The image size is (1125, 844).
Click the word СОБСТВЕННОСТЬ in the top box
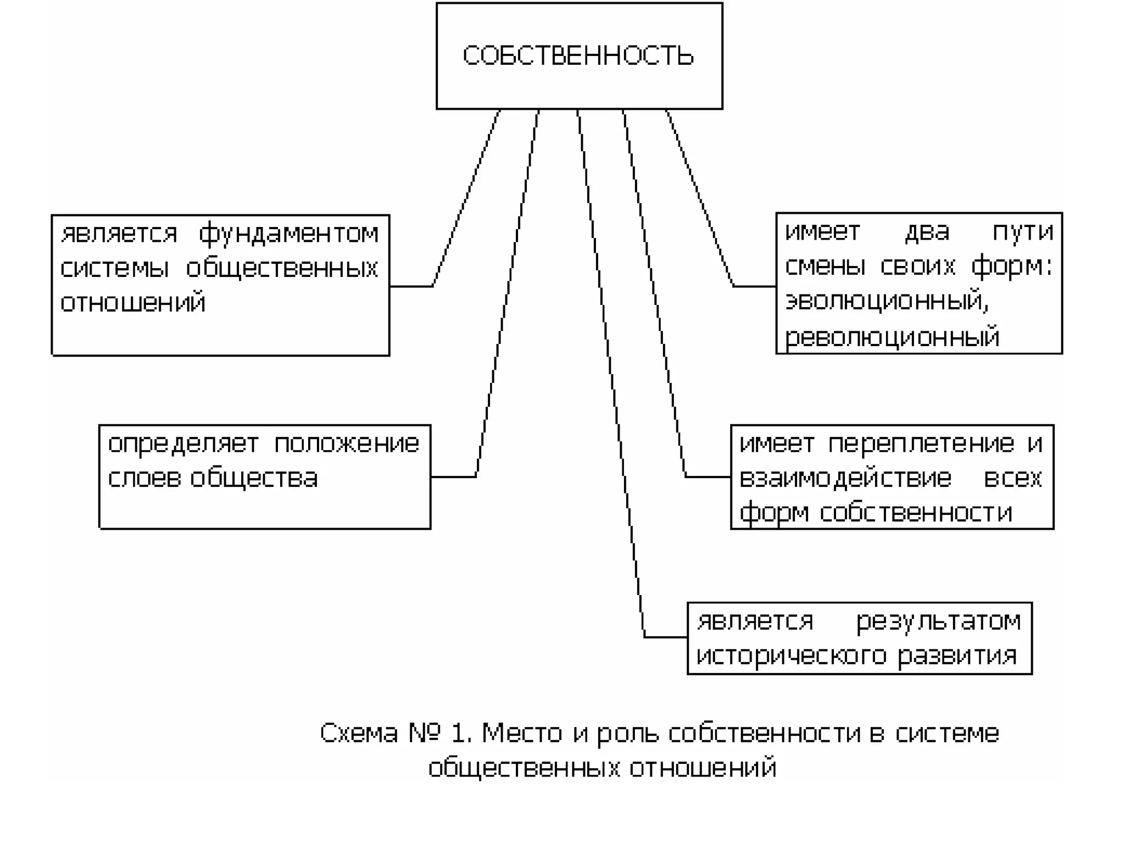click(x=578, y=56)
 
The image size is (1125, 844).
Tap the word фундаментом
click(x=288, y=234)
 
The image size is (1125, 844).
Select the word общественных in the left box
click(x=282, y=268)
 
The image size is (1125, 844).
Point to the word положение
click(x=347, y=443)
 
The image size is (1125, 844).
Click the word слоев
click(x=143, y=478)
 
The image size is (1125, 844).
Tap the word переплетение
click(x=921, y=443)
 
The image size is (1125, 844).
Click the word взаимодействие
click(x=845, y=478)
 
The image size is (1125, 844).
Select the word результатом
click(x=939, y=621)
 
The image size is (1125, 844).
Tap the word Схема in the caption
click(x=359, y=733)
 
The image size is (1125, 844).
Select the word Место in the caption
click(x=522, y=733)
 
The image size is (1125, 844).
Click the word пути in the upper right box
click(x=1023, y=232)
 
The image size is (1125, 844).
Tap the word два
click(x=927, y=232)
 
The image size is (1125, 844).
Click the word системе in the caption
click(x=947, y=733)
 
